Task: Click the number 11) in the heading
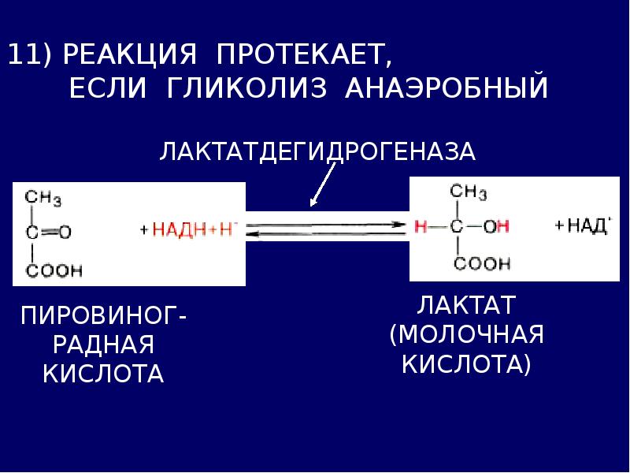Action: click(29, 54)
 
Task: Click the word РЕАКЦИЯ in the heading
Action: click(130, 54)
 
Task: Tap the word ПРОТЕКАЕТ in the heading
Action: click(303, 54)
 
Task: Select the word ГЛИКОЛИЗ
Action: click(246, 88)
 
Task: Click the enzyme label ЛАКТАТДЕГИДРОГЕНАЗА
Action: click(317, 152)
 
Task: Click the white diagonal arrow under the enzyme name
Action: click(323, 184)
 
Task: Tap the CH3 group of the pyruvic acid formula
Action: click(43, 199)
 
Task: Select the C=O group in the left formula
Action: click(48, 232)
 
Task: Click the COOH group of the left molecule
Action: click(54, 270)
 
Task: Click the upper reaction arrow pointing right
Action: click(326, 225)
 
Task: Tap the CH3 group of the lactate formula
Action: click(468, 192)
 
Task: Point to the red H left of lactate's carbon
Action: click(421, 226)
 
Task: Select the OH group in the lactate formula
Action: click(496, 226)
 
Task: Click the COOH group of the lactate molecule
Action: click(482, 263)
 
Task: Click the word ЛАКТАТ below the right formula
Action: click(466, 305)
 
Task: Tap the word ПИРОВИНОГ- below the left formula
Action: click(104, 315)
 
